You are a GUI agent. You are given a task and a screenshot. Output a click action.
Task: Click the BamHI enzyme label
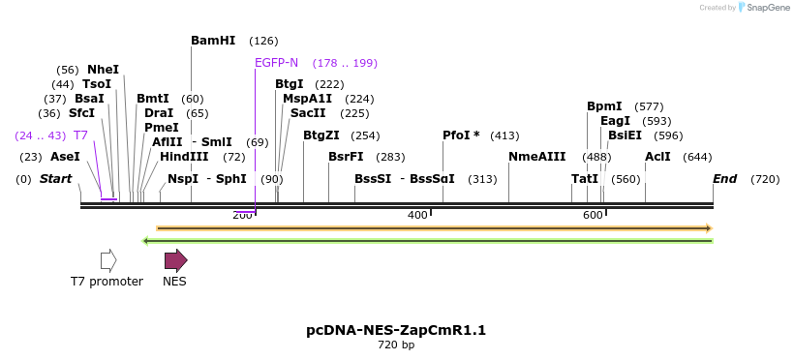click(x=213, y=41)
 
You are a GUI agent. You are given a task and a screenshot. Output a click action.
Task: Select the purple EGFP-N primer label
click(x=276, y=63)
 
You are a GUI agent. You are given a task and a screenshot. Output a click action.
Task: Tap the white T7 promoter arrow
click(x=108, y=260)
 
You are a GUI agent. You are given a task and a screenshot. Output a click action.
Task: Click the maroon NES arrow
click(x=175, y=260)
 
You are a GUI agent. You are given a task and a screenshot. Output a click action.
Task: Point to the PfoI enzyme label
click(x=461, y=135)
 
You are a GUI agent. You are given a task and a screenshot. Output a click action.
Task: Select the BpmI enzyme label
click(x=604, y=106)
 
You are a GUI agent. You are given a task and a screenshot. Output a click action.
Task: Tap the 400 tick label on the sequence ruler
click(x=417, y=215)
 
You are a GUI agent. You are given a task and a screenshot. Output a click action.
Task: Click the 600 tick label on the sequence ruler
click(x=593, y=215)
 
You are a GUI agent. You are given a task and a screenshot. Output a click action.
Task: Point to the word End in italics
click(x=724, y=179)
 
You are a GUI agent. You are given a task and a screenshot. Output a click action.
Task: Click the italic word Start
click(x=55, y=179)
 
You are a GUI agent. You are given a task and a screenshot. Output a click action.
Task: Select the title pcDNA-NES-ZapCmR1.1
click(x=396, y=330)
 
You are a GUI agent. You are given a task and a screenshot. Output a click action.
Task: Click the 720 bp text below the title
click(x=396, y=345)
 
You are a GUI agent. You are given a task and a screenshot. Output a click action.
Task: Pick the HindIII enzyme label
click(x=184, y=156)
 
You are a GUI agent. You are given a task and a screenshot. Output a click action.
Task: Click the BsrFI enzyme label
click(x=346, y=157)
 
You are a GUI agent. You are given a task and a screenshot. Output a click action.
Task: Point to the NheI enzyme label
click(x=103, y=70)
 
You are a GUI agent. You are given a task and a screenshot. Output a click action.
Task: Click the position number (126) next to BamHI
click(x=263, y=41)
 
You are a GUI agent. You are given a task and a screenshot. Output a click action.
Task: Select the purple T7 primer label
click(x=80, y=135)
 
